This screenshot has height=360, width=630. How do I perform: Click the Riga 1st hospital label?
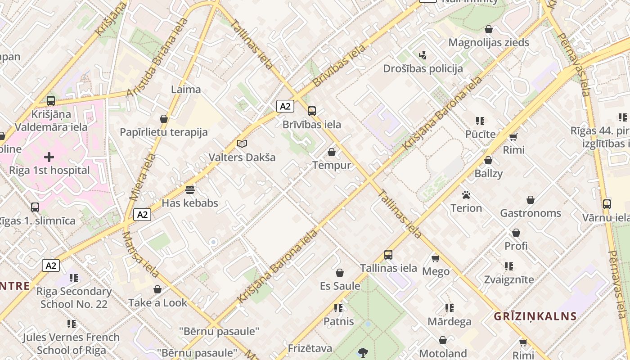point(49,171)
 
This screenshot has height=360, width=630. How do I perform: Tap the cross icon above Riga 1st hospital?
point(49,157)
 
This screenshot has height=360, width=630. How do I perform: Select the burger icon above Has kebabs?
point(190,190)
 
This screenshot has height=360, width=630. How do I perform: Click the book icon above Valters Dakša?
point(242,144)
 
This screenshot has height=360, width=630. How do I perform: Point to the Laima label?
point(186,90)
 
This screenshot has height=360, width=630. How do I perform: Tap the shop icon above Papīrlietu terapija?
point(164,119)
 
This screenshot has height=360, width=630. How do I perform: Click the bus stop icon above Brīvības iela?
point(311,111)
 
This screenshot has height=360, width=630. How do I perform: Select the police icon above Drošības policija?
point(423,55)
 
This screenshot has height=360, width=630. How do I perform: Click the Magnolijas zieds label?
point(489,43)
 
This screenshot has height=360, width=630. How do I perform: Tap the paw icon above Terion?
point(466,195)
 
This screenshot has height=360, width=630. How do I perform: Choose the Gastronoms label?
point(531,213)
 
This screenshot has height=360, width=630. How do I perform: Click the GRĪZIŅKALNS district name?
point(535,316)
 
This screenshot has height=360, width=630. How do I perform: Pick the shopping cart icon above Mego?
point(435,258)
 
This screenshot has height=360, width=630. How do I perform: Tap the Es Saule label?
point(340,286)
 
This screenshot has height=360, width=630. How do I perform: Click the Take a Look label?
point(157,303)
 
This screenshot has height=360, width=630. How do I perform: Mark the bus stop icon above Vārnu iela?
point(607,204)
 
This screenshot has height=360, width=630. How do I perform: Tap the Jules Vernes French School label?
point(71,343)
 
